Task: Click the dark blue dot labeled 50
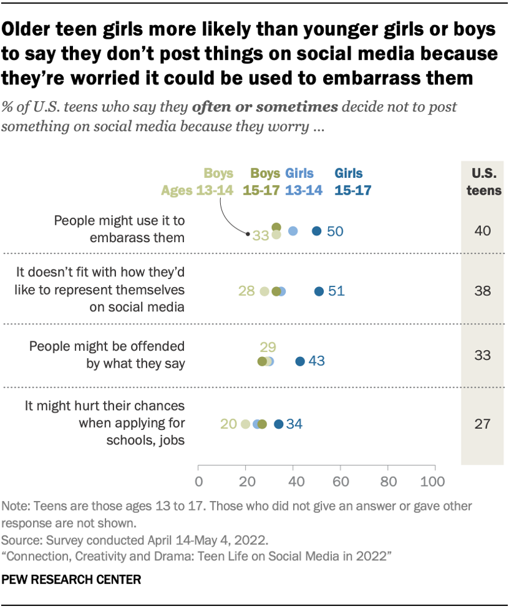316,231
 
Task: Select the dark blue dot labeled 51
319,291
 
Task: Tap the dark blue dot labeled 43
300,361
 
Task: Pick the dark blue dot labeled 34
279,424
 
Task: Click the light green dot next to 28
264,291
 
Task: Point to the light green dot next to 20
245,424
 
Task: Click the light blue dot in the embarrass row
293,231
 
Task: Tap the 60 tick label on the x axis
340,482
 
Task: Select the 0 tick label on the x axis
198,482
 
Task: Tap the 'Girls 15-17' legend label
349,182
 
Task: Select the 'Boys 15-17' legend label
261,182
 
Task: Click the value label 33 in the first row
260,235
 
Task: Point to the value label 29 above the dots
266,348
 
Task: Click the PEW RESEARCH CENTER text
72,580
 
